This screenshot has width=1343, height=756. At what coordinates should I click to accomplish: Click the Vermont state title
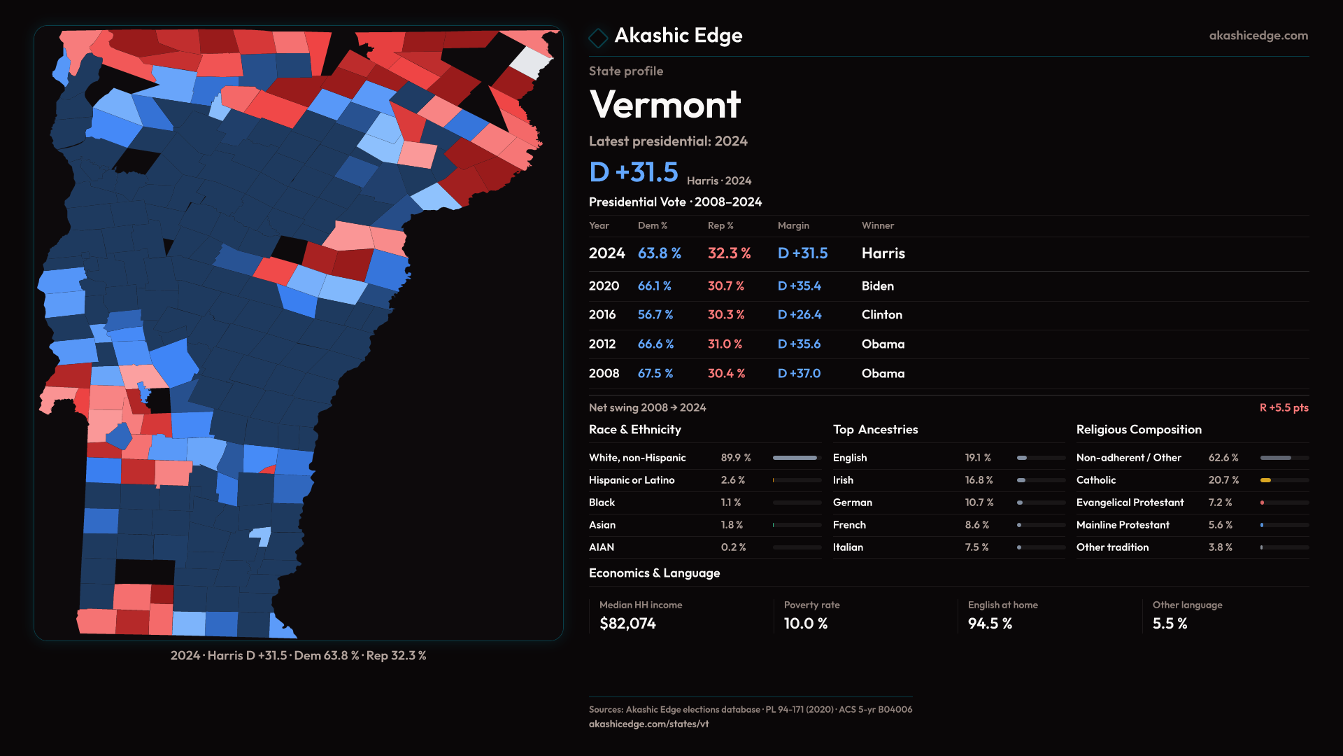[x=665, y=105]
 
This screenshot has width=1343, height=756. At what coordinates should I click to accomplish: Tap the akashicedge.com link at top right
[x=1258, y=36]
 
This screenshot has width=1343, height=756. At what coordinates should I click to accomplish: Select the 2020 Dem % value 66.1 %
[x=654, y=286]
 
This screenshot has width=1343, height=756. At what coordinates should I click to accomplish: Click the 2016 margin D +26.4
[x=800, y=315]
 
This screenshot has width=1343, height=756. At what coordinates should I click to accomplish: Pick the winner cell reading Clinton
[x=881, y=315]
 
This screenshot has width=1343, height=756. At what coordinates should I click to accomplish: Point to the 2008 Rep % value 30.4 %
[x=726, y=374]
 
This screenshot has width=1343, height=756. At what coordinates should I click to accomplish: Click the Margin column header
[x=793, y=225]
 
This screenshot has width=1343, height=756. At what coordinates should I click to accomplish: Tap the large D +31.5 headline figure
[x=634, y=172]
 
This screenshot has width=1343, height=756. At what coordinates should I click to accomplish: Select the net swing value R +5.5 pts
[x=1284, y=407]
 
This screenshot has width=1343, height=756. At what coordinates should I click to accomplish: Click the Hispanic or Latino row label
[x=632, y=480]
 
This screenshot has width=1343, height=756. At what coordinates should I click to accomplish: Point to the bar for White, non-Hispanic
[x=795, y=458]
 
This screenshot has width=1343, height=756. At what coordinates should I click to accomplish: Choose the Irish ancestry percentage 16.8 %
[x=979, y=480]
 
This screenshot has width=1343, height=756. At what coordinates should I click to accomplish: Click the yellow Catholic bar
[x=1265, y=480]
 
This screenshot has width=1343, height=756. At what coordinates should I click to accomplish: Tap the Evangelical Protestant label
[x=1130, y=503]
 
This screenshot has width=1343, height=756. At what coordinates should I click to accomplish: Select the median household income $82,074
[x=627, y=624]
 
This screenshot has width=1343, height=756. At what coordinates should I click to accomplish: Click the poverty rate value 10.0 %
[x=805, y=624]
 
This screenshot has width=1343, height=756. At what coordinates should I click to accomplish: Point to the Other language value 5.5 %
[x=1170, y=624]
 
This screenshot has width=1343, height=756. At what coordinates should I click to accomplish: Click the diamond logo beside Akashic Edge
[x=598, y=37]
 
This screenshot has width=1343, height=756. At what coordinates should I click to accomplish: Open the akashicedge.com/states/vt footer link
[x=648, y=724]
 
